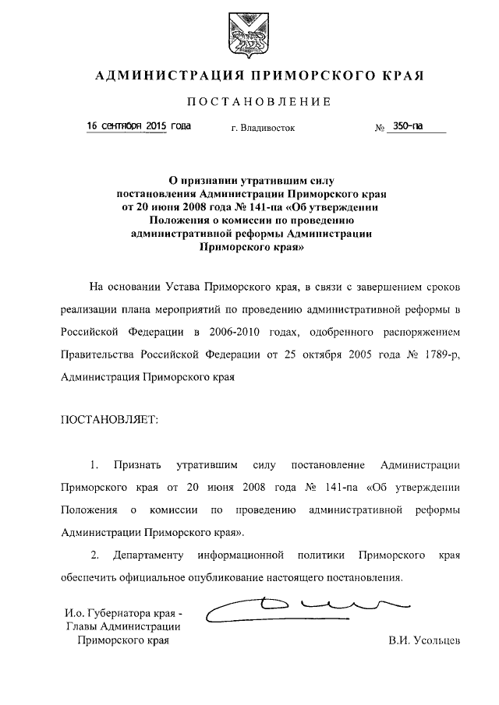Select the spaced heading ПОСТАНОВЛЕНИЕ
point(257,102)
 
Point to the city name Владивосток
point(263,128)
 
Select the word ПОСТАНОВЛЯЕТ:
point(109,420)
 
